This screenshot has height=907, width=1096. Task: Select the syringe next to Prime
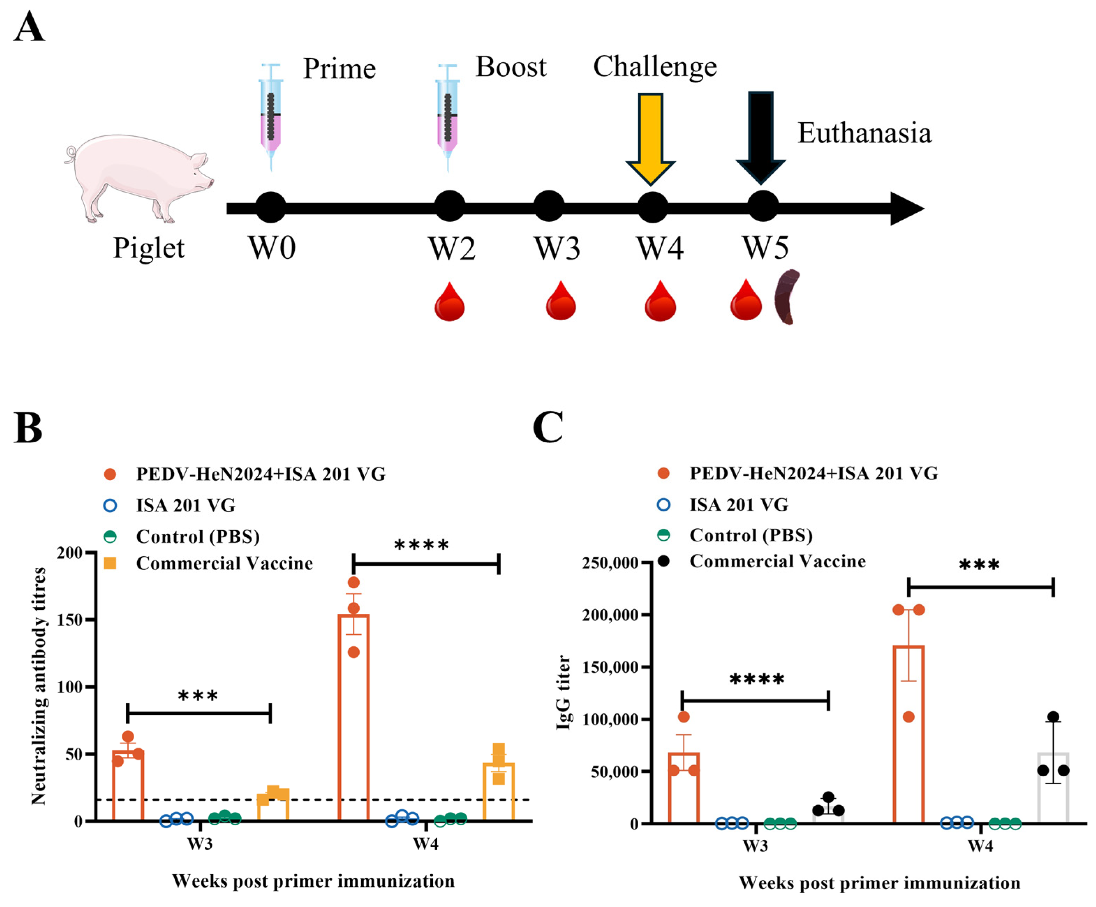[270, 118]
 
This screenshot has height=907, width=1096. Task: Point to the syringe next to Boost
[447, 118]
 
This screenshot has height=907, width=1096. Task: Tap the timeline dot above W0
[271, 207]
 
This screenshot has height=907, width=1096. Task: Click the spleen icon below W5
[787, 297]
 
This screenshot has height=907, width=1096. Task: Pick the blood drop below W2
[450, 302]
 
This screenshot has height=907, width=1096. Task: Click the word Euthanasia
[864, 133]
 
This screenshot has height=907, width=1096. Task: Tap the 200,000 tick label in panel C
[610, 615]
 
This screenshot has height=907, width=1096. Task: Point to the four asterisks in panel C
[756, 680]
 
